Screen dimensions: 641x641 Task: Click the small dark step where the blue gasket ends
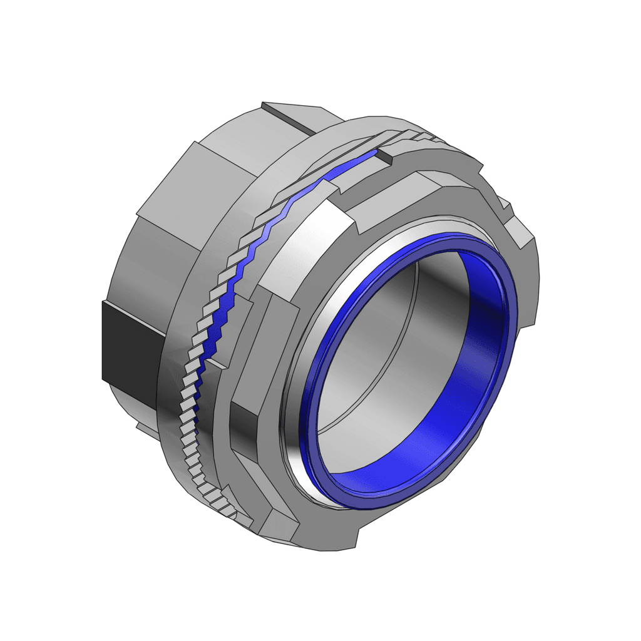tap(383, 155)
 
